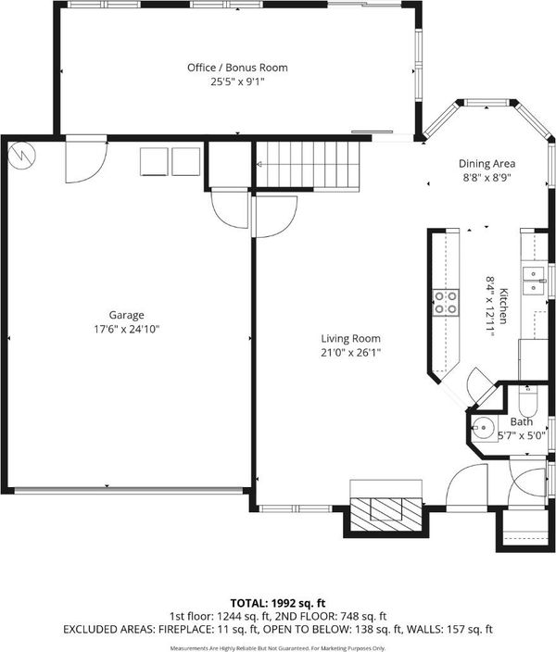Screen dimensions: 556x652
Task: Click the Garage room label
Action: [x=127, y=315]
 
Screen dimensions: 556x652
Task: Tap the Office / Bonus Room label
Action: [x=237, y=68]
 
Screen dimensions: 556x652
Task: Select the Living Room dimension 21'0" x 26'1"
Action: [x=351, y=353]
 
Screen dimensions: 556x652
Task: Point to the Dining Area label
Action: [x=486, y=164]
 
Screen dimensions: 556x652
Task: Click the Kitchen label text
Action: [x=503, y=306]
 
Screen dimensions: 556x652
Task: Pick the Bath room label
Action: [x=522, y=421]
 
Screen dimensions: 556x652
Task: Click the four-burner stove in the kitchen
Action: [x=446, y=302]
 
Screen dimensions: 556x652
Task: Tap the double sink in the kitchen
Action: [x=533, y=281]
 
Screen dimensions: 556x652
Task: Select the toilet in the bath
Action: [x=528, y=399]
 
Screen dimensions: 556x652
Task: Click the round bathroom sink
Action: [x=483, y=427]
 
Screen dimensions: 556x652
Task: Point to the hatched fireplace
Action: [x=386, y=514]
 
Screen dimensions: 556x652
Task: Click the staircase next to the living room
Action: [x=307, y=165]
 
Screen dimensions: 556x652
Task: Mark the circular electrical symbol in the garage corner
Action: [x=22, y=155]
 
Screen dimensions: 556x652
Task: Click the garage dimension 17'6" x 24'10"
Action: [x=127, y=330]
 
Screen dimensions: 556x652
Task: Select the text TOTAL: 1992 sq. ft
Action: [x=278, y=603]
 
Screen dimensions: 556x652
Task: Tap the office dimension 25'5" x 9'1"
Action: [x=237, y=81]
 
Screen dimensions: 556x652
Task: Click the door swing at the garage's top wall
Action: [x=86, y=160]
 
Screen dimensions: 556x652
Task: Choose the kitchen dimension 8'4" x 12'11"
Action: [x=490, y=306]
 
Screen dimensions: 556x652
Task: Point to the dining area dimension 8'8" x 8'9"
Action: [x=486, y=178]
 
